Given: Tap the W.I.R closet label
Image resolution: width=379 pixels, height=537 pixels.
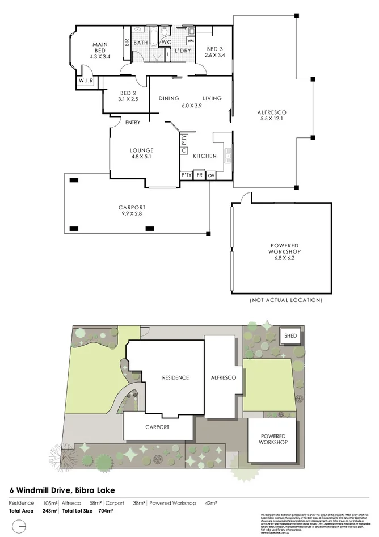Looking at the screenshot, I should [86, 82].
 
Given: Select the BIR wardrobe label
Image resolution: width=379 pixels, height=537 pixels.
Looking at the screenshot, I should [126, 43].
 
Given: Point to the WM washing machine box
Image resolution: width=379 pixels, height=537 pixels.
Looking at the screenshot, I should [190, 41].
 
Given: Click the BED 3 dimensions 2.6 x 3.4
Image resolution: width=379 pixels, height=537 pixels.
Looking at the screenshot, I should [215, 56].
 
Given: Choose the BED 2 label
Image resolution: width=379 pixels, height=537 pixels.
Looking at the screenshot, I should [128, 93].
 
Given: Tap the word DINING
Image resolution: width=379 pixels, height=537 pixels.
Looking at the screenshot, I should [169, 98].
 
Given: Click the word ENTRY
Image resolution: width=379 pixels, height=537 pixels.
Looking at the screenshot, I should [133, 123].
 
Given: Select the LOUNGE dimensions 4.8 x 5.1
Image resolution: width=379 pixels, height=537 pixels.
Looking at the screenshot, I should [141, 157].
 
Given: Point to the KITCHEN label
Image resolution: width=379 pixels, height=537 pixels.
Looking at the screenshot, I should [205, 156].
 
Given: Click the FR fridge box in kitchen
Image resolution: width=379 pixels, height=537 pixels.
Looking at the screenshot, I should [199, 175].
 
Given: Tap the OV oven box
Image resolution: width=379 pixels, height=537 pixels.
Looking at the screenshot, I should [211, 175].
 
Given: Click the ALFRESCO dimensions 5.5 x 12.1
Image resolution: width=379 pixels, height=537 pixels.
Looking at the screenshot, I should [271, 119].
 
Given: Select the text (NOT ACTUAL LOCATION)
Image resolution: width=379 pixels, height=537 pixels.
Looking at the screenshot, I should [286, 300].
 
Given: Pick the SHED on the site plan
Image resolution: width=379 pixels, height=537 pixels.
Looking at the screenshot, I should [290, 335].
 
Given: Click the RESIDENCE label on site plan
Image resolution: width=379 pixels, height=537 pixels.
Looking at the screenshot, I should [175, 377].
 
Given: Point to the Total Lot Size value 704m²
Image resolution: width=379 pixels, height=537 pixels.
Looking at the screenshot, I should [106, 511].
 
